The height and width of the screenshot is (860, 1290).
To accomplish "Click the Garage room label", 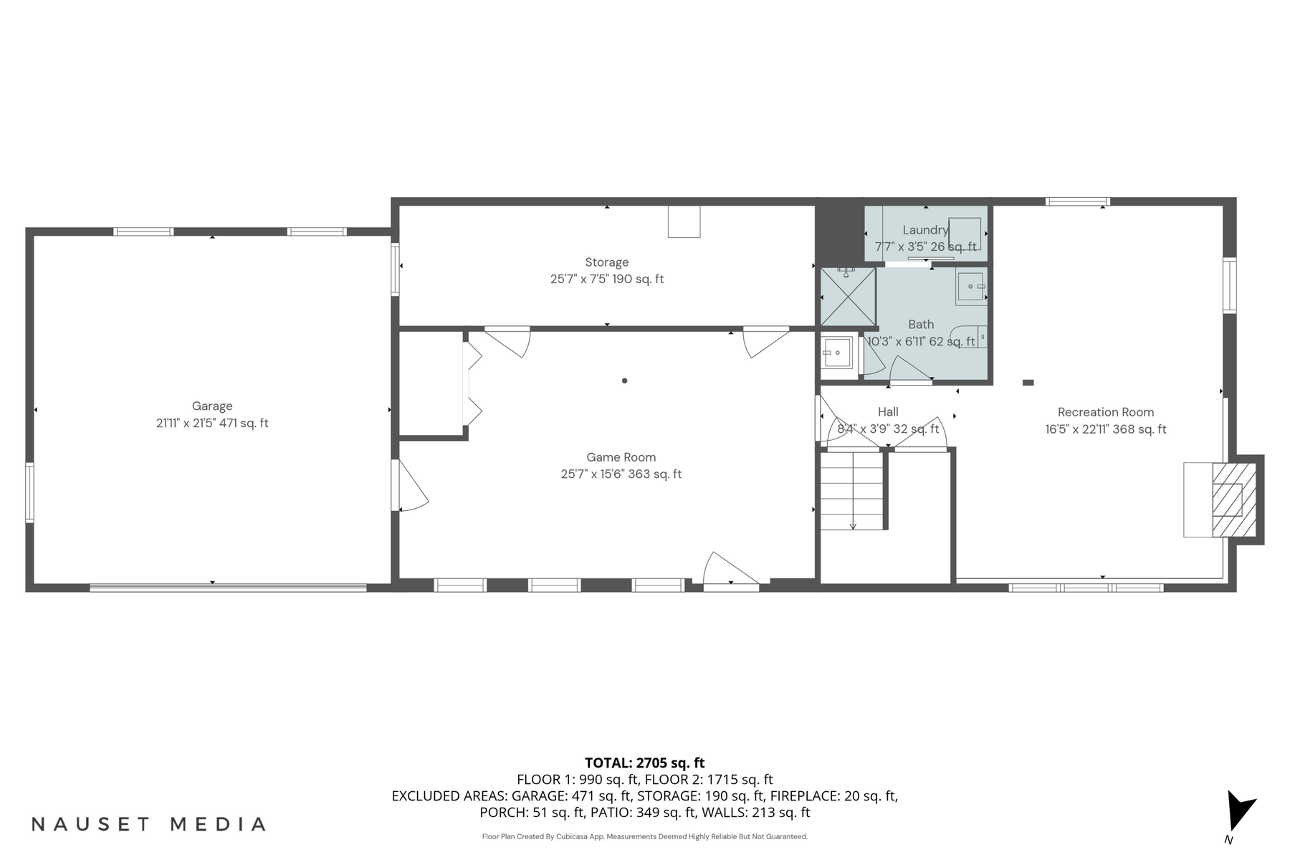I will (x=212, y=406).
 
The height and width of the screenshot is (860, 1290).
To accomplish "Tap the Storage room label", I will (x=606, y=262).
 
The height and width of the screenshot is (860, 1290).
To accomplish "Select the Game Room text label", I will (x=621, y=457).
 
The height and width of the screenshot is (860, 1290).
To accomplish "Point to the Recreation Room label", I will (x=1105, y=412).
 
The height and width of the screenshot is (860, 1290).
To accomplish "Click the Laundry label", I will (x=924, y=230).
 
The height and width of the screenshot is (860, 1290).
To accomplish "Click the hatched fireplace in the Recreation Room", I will (x=1233, y=500).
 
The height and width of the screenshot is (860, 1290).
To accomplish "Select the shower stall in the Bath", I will (x=848, y=296).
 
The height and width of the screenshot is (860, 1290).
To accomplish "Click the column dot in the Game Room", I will (x=624, y=381).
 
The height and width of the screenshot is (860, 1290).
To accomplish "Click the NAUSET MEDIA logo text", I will (x=149, y=824).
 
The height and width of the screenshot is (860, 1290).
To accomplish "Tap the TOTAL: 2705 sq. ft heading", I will (x=644, y=763).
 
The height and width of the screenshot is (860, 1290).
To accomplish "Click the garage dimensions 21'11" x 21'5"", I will (x=212, y=424).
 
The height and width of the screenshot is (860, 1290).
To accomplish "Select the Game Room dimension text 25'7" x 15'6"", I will (x=621, y=474).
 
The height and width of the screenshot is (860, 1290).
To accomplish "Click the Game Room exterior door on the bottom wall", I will (x=730, y=573).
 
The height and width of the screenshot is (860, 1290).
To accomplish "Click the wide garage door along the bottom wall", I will (x=228, y=588).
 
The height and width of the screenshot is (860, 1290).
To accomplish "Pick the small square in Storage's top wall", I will (x=684, y=221).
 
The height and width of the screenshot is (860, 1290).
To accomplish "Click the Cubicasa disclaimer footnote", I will (x=644, y=836).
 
